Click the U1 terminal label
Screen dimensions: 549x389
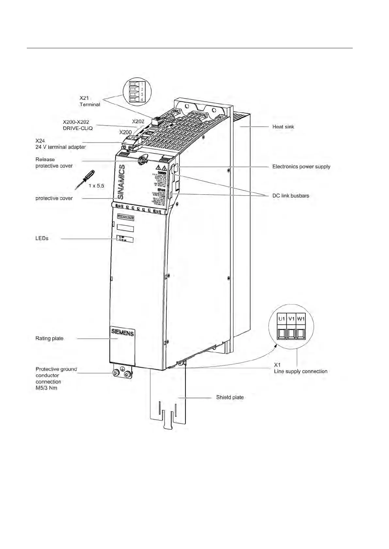(282, 319)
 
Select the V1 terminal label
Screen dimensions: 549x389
(291, 319)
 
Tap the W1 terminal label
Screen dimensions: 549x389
(301, 319)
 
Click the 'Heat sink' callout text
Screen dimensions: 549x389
(283, 126)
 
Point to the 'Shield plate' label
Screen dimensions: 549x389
(230, 397)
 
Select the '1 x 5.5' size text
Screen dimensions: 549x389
(96, 185)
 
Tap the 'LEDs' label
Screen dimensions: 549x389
(42, 238)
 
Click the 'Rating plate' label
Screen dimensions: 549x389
(49, 338)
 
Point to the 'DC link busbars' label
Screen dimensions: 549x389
(291, 196)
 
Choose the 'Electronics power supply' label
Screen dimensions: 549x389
(301, 166)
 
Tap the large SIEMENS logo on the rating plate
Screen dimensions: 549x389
(122, 333)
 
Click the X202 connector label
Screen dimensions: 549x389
(138, 121)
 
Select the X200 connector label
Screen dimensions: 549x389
(126, 132)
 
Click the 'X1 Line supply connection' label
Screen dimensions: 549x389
(300, 368)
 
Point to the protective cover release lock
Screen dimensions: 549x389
(143, 160)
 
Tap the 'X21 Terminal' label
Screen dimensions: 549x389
(89, 101)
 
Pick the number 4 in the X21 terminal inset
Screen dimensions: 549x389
(142, 99)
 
